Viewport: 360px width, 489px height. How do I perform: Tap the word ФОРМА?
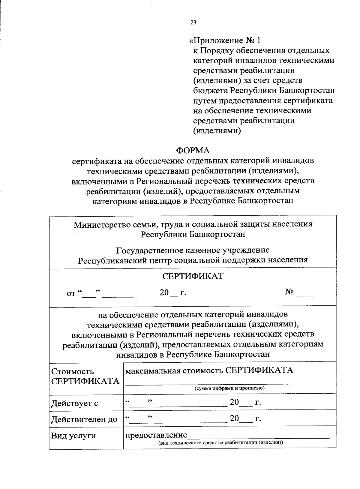[x=193, y=150]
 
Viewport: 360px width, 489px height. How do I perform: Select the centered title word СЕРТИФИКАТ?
[x=193, y=276]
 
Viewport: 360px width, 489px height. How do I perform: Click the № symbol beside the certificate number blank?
[x=289, y=292]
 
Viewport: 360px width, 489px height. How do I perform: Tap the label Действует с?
[x=75, y=403]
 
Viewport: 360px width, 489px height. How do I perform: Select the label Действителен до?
[x=84, y=419]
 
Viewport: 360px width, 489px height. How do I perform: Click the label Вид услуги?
[x=73, y=435]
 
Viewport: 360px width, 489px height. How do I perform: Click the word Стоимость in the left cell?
[x=73, y=371]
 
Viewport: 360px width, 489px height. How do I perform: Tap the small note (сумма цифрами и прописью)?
[x=229, y=388]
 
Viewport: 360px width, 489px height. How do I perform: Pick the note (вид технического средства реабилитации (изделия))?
[x=221, y=442]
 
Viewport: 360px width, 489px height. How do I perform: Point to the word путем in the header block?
[x=204, y=100]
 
